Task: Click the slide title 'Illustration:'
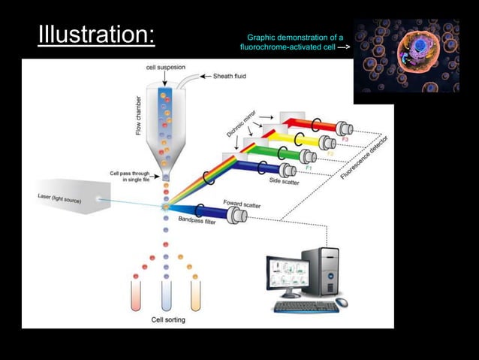tap(97, 35)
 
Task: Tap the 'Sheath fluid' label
tap(230, 76)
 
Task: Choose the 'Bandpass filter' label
tap(198, 222)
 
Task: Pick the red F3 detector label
tap(345, 140)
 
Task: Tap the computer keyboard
tap(306, 306)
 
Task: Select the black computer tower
tap(331, 270)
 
